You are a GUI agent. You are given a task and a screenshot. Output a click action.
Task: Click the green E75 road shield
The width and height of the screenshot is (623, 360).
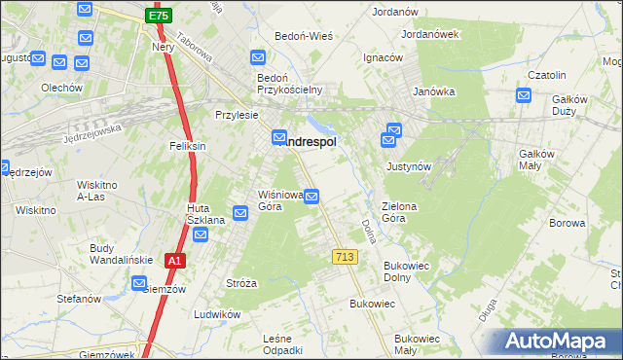(159, 16)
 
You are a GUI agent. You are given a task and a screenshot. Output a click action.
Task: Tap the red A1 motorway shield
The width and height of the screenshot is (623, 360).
(174, 261)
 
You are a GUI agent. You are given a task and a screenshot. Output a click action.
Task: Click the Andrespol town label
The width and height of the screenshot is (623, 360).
(310, 142)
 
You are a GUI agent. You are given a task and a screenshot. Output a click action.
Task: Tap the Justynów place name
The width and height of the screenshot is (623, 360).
(409, 166)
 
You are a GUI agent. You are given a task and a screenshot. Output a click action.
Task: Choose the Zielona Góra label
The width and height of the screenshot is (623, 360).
(406, 212)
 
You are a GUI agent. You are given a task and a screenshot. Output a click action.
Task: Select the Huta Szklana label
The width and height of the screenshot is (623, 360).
(205, 215)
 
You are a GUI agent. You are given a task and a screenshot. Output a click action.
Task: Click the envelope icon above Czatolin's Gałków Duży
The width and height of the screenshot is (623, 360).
(524, 95)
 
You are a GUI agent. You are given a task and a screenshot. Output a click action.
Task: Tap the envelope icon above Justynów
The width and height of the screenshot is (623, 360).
(394, 129)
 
